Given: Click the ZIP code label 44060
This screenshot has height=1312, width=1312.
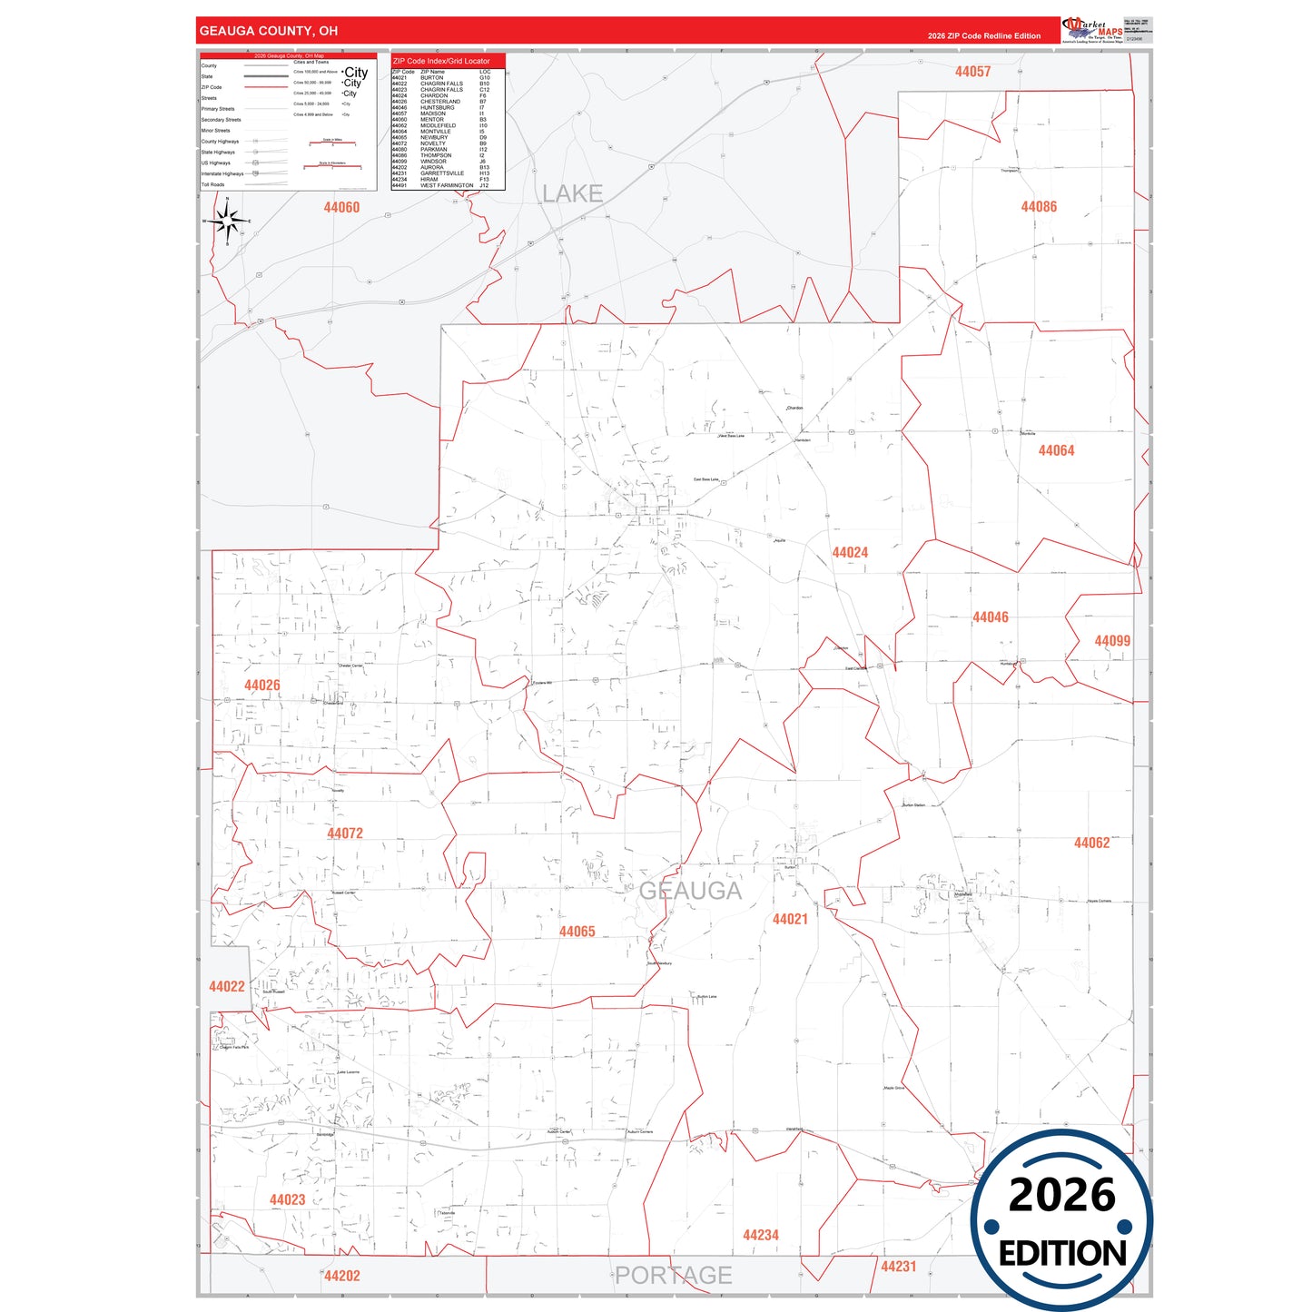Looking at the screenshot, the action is pos(341,207).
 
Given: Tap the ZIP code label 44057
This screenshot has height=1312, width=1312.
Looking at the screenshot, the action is pos(972,72).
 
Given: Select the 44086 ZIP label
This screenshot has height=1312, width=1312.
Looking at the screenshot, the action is pos(1039,207).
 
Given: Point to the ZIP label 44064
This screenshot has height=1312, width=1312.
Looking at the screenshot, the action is pos(1056,450).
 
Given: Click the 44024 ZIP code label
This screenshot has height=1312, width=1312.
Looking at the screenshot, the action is pos(850,552).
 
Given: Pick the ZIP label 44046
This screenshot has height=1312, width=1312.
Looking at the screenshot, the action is pos(990,617).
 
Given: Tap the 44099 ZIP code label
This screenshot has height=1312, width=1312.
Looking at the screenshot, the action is pos(1112,641).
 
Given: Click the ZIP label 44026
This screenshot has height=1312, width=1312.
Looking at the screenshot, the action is pos(261,686).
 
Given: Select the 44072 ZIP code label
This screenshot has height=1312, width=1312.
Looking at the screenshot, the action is pos(345,834).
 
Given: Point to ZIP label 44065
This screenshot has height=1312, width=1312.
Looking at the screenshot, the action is pos(577,932).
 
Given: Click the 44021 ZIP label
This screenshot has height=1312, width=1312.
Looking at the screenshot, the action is pos(790,919).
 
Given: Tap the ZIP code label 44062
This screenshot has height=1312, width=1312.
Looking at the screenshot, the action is pos(1091,843).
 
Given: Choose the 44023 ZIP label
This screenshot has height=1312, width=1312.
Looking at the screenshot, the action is pos(287,1199).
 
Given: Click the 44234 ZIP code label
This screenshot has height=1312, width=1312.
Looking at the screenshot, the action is pos(761,1235).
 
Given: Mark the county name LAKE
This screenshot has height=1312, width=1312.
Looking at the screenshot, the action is pos(572,193).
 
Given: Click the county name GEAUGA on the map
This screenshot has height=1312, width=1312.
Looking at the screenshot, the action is pos(690,891).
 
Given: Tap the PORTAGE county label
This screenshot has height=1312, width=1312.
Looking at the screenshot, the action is pos(674,1275).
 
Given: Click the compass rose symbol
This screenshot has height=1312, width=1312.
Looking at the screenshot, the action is pos(228,221).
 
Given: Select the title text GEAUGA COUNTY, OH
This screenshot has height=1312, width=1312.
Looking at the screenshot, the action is pos(269,31).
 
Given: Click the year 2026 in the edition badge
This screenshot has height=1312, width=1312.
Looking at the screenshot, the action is pos(1061,1195).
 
